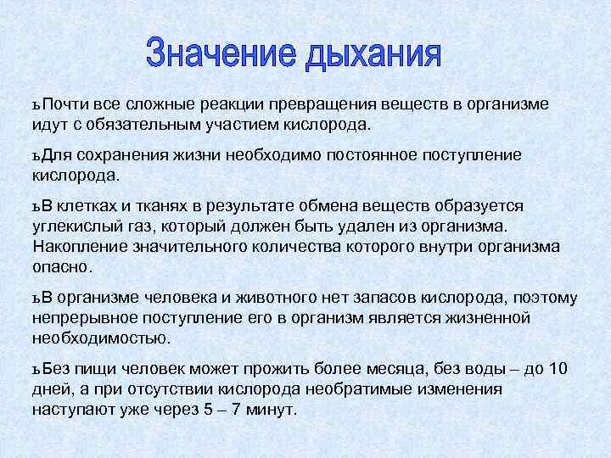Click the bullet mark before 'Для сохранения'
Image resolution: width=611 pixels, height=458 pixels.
[37, 156]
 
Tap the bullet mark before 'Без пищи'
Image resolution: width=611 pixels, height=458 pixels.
[37, 369]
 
